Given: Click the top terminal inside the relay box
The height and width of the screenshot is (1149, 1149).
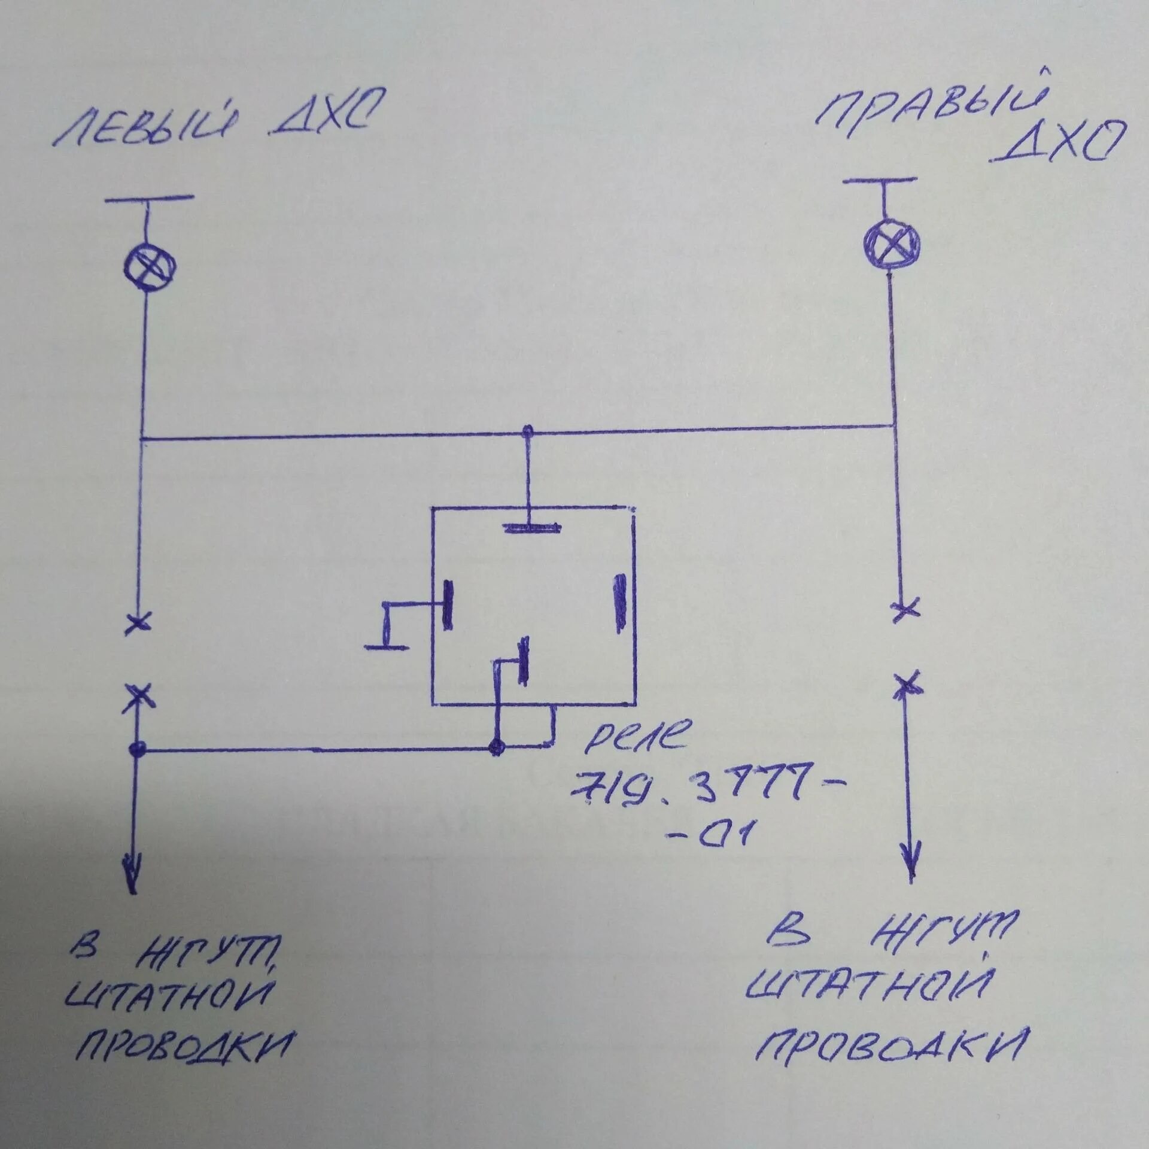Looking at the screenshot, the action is point(532,528).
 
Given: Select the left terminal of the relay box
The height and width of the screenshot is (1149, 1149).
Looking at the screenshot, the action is point(446,604).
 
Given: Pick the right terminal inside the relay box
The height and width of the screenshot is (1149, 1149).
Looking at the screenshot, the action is point(621,603).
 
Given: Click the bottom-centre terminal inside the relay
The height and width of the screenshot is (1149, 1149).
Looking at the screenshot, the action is point(524,660).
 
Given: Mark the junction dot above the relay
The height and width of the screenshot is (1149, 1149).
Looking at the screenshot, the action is point(527,430).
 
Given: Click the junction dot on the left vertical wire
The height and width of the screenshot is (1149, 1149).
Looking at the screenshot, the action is point(138,749).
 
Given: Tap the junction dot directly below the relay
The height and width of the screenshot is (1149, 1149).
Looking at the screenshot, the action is point(496,747).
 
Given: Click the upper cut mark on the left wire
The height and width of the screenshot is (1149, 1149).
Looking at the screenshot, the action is point(138,623).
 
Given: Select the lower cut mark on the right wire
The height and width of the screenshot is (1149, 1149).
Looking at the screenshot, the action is point(907,683).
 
